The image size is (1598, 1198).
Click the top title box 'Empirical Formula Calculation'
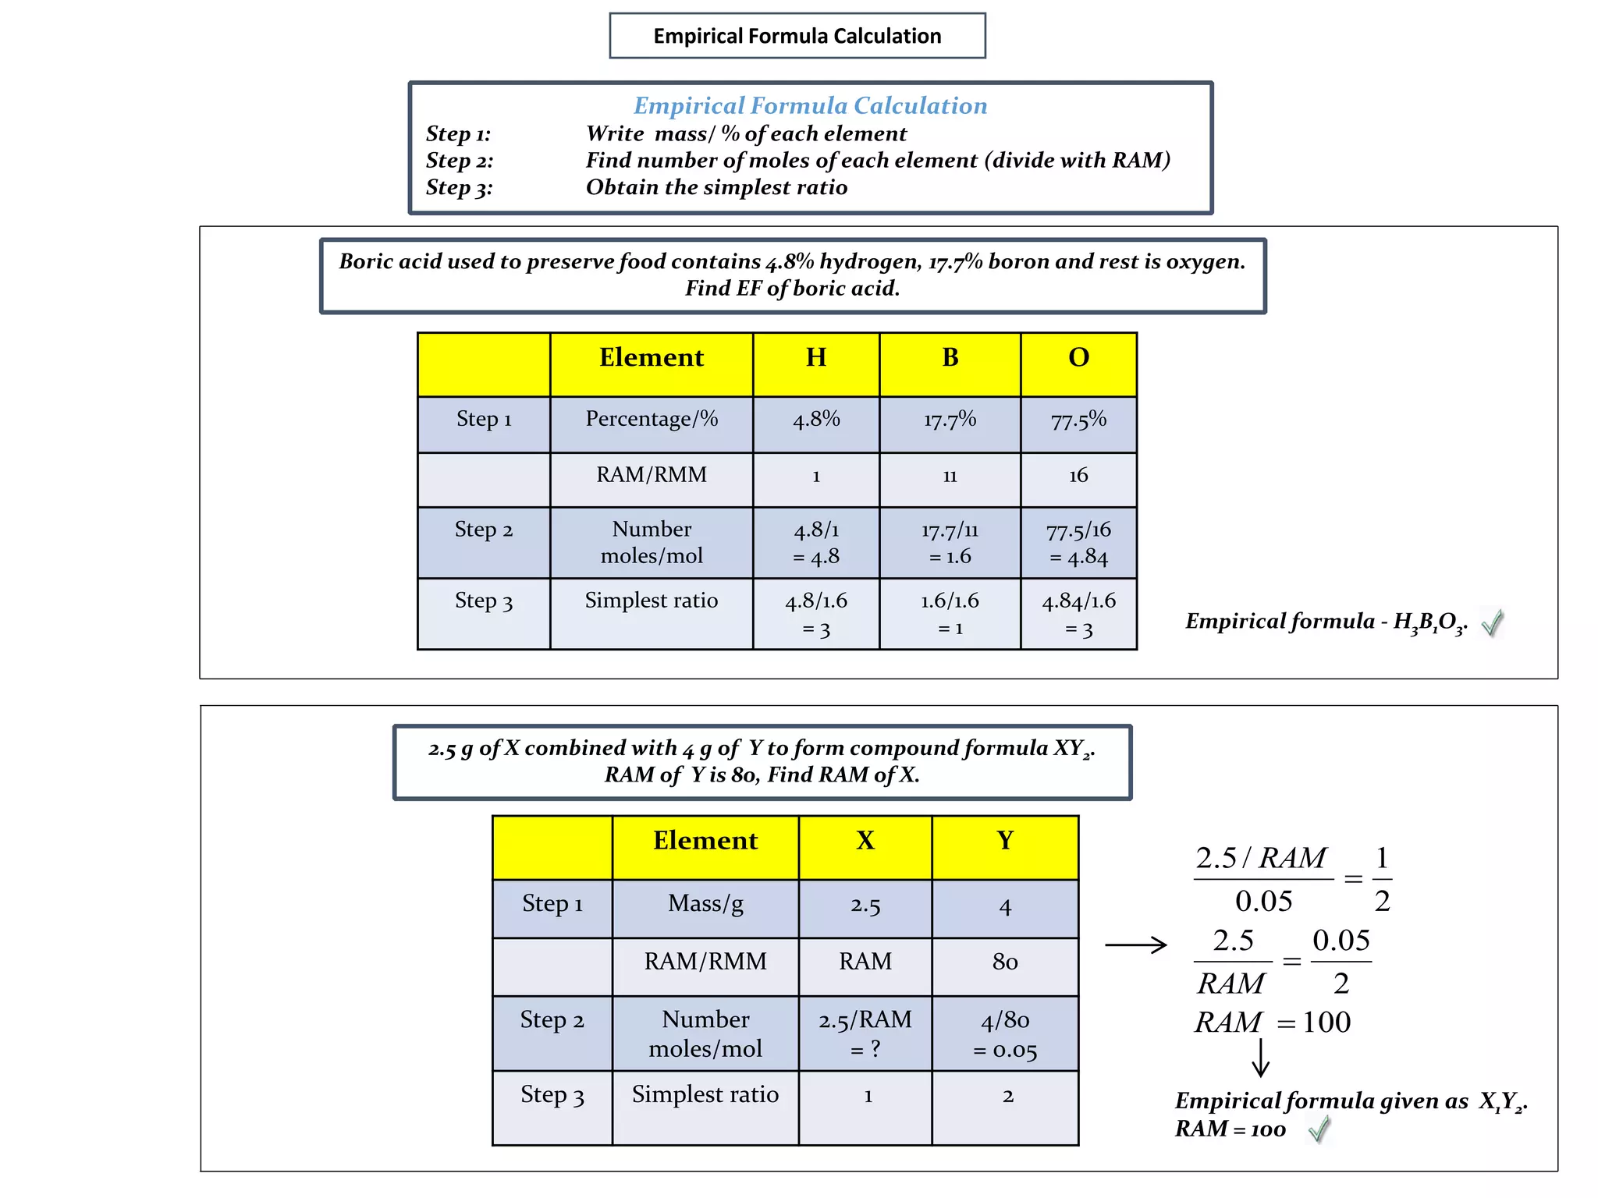797,36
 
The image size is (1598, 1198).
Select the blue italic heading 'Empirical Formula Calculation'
810,105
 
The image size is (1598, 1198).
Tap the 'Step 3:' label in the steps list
459,187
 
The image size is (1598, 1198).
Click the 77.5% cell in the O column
1078,421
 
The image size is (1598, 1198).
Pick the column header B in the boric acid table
950,358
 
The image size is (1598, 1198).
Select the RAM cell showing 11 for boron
950,477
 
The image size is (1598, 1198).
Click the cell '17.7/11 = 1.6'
950,543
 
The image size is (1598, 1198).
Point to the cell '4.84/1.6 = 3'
1078,614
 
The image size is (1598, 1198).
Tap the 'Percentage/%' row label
652,420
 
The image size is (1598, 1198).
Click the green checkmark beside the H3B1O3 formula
1492,622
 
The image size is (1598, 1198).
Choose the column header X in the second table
865,841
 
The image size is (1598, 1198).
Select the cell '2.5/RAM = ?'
865,1033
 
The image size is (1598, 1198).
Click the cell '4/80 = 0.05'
1005,1034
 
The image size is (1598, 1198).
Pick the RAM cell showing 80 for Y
1005,962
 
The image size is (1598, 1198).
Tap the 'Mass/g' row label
705,904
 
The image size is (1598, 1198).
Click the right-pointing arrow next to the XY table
1136,945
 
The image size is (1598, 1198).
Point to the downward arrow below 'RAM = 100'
1260,1058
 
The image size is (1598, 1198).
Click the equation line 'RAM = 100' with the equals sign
1273,1023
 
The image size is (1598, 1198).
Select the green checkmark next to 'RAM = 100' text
1319,1129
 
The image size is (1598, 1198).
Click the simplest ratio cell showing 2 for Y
1007,1097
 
